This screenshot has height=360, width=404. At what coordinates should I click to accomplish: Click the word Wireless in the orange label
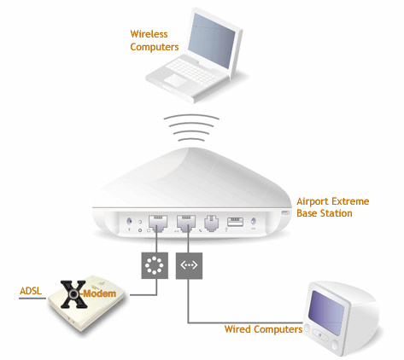click(x=149, y=34)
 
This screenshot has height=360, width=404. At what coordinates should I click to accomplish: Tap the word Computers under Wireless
click(x=155, y=47)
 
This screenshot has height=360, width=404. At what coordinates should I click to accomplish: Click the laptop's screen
click(x=211, y=39)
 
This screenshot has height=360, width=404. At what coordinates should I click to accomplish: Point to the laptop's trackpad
click(x=175, y=79)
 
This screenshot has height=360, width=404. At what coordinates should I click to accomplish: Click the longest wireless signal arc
click(x=191, y=116)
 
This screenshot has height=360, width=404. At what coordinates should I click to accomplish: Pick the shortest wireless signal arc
click(x=191, y=139)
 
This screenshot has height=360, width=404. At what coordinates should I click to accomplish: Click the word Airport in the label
click(x=313, y=201)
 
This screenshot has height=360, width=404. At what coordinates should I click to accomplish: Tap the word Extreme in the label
click(x=350, y=201)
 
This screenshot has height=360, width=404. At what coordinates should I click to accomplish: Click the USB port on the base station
click(x=235, y=222)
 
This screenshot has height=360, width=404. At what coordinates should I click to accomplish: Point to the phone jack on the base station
click(x=211, y=224)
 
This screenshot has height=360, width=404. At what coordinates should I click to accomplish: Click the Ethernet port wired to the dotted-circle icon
click(x=157, y=224)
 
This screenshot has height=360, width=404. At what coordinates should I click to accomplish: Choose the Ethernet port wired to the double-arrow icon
click(x=186, y=224)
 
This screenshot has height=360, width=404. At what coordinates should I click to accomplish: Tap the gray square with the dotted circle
click(x=155, y=265)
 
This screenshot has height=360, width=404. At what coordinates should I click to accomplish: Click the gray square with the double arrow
click(x=189, y=265)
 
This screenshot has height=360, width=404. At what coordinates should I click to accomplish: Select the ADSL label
click(x=31, y=291)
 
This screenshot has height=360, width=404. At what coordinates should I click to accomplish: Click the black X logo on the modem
click(x=73, y=294)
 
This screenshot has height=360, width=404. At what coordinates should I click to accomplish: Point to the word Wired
click(x=237, y=329)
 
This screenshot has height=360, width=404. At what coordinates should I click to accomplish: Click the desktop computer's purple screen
click(x=328, y=312)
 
